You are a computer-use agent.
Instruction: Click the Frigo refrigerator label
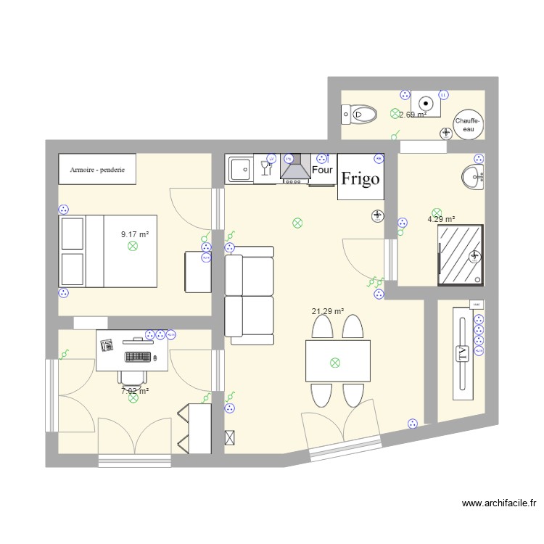click(360, 178)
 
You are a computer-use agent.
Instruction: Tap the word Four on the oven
click(322, 170)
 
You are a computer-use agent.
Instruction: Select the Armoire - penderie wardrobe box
click(97, 169)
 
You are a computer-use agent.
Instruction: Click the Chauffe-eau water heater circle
click(468, 124)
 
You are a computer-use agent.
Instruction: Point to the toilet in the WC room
click(360, 114)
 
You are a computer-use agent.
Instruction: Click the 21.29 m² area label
click(328, 312)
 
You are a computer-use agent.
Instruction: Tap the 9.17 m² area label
click(135, 234)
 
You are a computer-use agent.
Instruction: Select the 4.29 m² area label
click(441, 219)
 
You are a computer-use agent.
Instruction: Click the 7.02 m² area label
click(135, 391)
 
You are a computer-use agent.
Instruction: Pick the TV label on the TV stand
click(462, 354)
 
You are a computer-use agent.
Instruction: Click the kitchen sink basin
click(239, 170)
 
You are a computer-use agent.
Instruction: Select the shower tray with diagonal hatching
click(460, 254)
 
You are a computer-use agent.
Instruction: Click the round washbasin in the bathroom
click(472, 177)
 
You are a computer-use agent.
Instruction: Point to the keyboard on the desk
click(139, 357)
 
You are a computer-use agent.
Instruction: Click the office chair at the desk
click(131, 376)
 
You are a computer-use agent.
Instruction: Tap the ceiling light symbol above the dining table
click(334, 362)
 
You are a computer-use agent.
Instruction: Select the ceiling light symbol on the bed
click(132, 247)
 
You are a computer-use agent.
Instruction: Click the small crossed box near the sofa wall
click(231, 437)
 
